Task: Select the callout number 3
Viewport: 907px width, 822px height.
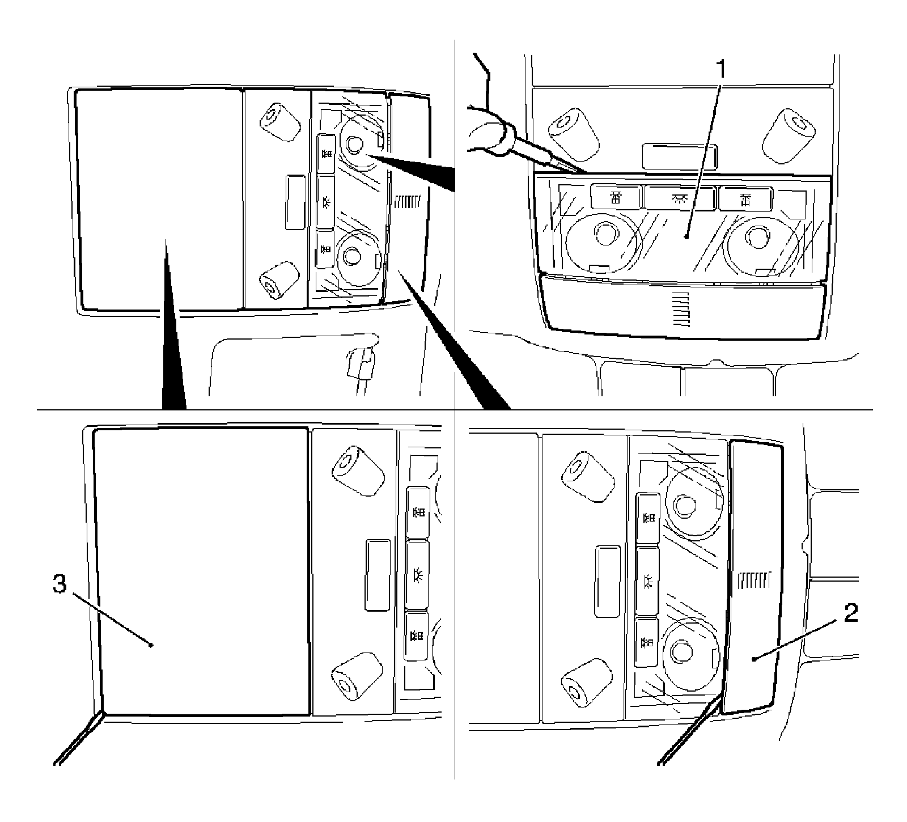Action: (60, 584)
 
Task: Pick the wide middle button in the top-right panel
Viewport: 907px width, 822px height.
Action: (679, 197)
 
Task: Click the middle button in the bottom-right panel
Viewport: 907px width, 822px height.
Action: (647, 581)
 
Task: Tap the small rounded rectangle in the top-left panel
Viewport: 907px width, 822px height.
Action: (295, 202)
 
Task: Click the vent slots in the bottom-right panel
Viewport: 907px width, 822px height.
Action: (756, 579)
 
